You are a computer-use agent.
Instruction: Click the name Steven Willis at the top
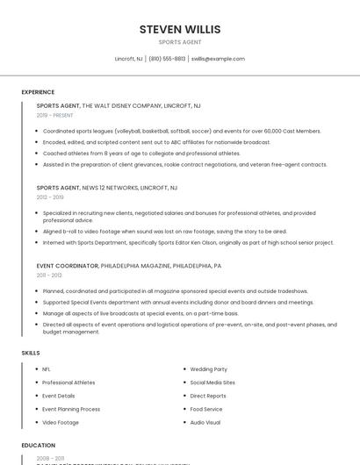[x=180, y=29]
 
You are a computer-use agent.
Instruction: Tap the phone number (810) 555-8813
[x=167, y=59]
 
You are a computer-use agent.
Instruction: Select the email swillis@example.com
[x=218, y=59]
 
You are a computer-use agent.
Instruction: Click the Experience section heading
[x=38, y=92]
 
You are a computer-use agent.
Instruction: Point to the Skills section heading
[x=31, y=353]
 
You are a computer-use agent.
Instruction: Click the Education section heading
[x=39, y=446]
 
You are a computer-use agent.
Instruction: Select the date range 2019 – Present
[x=54, y=115]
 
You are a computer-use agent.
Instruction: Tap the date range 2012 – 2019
[x=49, y=197]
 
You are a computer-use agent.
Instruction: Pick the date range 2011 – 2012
[x=49, y=275]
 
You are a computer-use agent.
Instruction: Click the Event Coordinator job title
[x=68, y=265]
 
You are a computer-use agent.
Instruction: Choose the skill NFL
[x=47, y=369]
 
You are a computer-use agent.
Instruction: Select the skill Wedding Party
[x=208, y=369]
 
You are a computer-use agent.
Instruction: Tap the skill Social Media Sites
[x=212, y=383]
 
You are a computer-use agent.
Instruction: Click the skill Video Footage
[x=61, y=422]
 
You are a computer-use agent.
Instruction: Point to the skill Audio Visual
[x=205, y=422]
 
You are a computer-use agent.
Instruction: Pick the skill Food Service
[x=206, y=409]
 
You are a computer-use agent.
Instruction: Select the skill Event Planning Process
[x=71, y=409]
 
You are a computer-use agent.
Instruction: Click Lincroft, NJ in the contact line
[x=128, y=59]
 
